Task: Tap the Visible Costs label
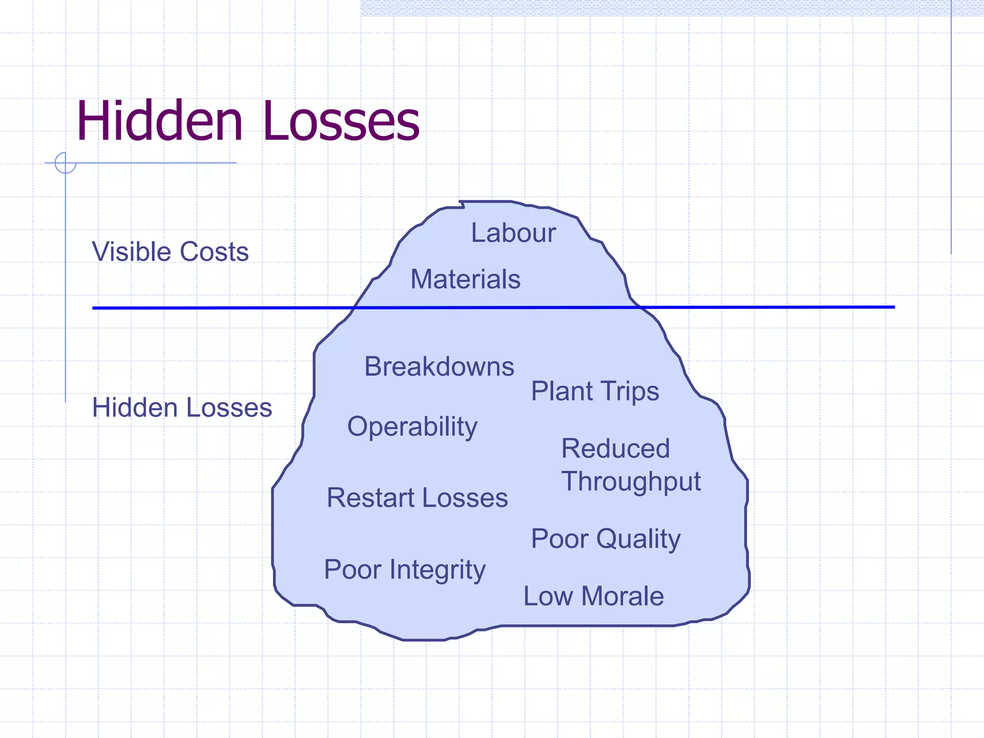coord(170,252)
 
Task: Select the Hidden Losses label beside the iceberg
coord(182,407)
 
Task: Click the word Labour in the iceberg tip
coord(513,233)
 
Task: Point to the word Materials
coord(465,279)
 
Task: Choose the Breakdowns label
coord(439,367)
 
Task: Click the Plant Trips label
coord(595,391)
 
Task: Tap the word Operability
coord(412,427)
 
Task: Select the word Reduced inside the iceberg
coord(615,449)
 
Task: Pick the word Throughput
coord(631,481)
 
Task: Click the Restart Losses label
coord(417,498)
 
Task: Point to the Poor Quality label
coord(606,539)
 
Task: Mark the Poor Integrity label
coord(405,570)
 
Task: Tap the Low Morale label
coord(593,596)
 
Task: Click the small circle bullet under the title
coord(65,163)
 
